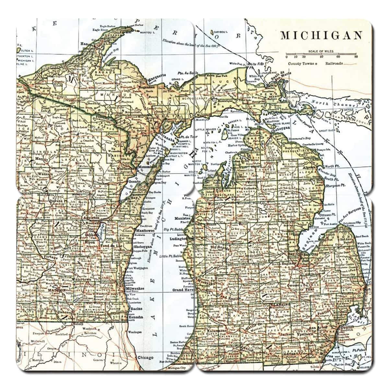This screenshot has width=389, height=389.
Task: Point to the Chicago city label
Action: click(145, 358)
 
